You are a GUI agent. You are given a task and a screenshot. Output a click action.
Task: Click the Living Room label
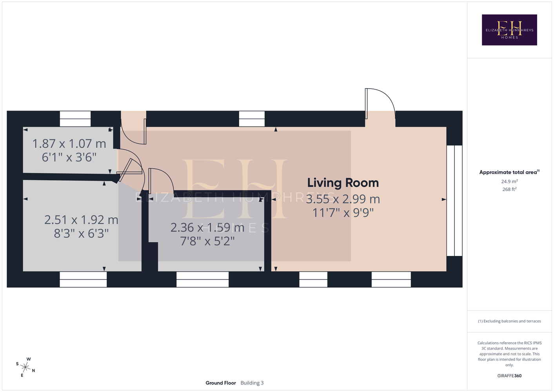(343, 183)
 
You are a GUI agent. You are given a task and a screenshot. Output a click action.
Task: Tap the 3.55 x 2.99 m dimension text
(343, 199)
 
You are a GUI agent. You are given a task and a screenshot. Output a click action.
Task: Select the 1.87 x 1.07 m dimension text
(69, 144)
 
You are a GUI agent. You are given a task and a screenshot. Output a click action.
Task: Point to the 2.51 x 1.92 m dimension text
(81, 220)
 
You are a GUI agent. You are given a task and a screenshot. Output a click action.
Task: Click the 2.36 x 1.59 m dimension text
(207, 228)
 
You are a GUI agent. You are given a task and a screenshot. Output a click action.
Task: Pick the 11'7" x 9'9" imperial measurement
(343, 213)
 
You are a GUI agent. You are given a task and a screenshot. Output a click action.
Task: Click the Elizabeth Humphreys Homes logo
(509, 30)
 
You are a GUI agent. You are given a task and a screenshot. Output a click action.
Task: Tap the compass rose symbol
(25, 367)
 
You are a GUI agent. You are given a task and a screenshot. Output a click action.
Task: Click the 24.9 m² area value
(509, 181)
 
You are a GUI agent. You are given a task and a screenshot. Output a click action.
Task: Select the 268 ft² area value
(509, 189)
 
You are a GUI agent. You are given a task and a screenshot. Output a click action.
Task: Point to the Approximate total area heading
(509, 172)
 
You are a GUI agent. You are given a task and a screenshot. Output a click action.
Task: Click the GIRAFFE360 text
(509, 376)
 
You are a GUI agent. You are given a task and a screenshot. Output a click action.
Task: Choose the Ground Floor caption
(221, 383)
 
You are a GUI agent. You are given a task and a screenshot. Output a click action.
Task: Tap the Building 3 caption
(252, 383)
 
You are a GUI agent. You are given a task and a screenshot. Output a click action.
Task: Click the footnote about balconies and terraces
(509, 321)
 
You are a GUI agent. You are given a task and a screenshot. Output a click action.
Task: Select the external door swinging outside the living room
(380, 103)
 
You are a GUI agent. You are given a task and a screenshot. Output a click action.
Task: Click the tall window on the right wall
(454, 201)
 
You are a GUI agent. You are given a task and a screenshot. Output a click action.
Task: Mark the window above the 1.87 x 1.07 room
(75, 119)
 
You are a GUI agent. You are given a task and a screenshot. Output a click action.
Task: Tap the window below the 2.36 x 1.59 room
(202, 279)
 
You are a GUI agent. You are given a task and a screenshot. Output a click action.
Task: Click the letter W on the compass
(29, 359)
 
